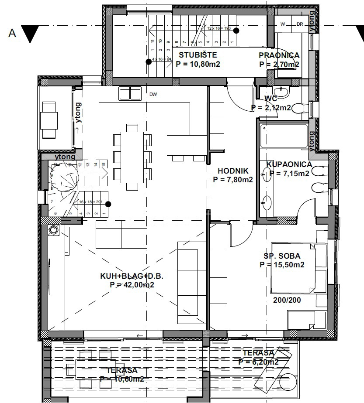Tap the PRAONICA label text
pyautogui.click(x=279, y=55)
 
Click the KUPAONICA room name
pyautogui.click(x=289, y=164)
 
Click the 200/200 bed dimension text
pyautogui.click(x=287, y=301)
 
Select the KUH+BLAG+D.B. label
pyautogui.click(x=132, y=277)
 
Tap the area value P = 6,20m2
pyautogui.click(x=259, y=362)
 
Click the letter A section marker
pyautogui.click(x=12, y=33)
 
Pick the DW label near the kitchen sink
pyautogui.click(x=153, y=94)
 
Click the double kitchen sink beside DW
pyautogui.click(x=130, y=93)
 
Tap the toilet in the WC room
pyautogui.click(x=298, y=108)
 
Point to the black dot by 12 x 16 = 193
pyautogui.click(x=236, y=30)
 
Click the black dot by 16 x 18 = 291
pyautogui.click(x=108, y=204)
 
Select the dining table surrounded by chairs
pyautogui.click(x=133, y=157)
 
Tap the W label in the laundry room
pyautogui.click(x=283, y=24)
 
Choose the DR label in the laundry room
pyautogui.click(x=299, y=24)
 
